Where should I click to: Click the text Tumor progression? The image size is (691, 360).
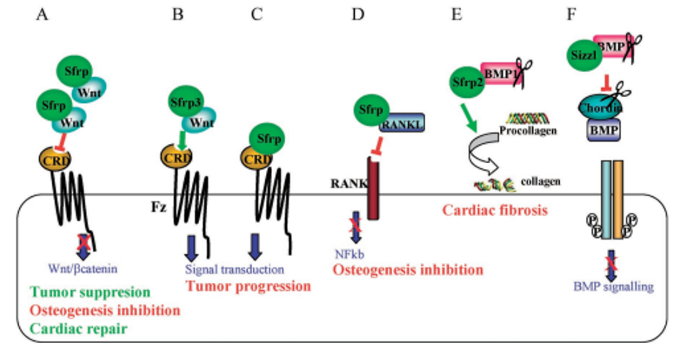[x=248, y=287]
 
